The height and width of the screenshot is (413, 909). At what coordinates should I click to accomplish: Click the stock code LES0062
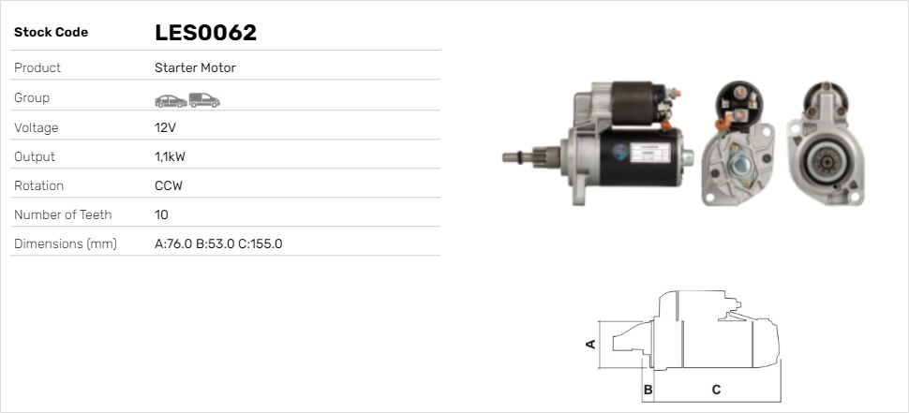205,33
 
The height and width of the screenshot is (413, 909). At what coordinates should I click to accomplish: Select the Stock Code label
51,33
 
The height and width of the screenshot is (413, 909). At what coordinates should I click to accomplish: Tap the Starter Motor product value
195,67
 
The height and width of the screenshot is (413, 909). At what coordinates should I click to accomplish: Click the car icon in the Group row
171,101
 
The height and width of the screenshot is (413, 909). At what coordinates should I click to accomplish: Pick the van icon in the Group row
204,100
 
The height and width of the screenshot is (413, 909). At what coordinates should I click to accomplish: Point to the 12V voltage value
165,127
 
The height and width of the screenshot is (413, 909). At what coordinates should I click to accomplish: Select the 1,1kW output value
170,157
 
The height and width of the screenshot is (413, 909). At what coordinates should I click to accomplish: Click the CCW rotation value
169,186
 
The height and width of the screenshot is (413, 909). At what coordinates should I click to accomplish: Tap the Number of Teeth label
63,214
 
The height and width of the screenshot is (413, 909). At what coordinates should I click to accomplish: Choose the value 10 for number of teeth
162,214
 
